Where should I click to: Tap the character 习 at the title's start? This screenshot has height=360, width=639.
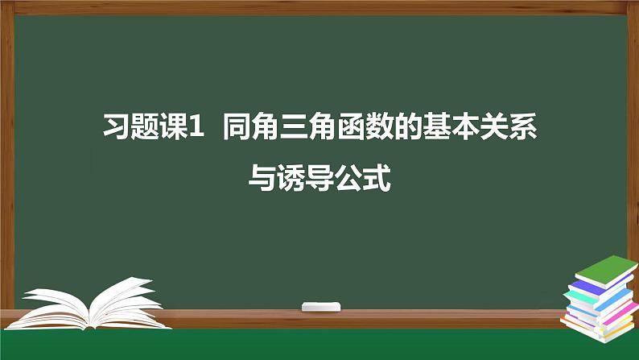[118, 127]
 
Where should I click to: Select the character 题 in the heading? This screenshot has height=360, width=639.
[146, 127]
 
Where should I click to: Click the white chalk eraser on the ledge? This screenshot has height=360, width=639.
[319, 306]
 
